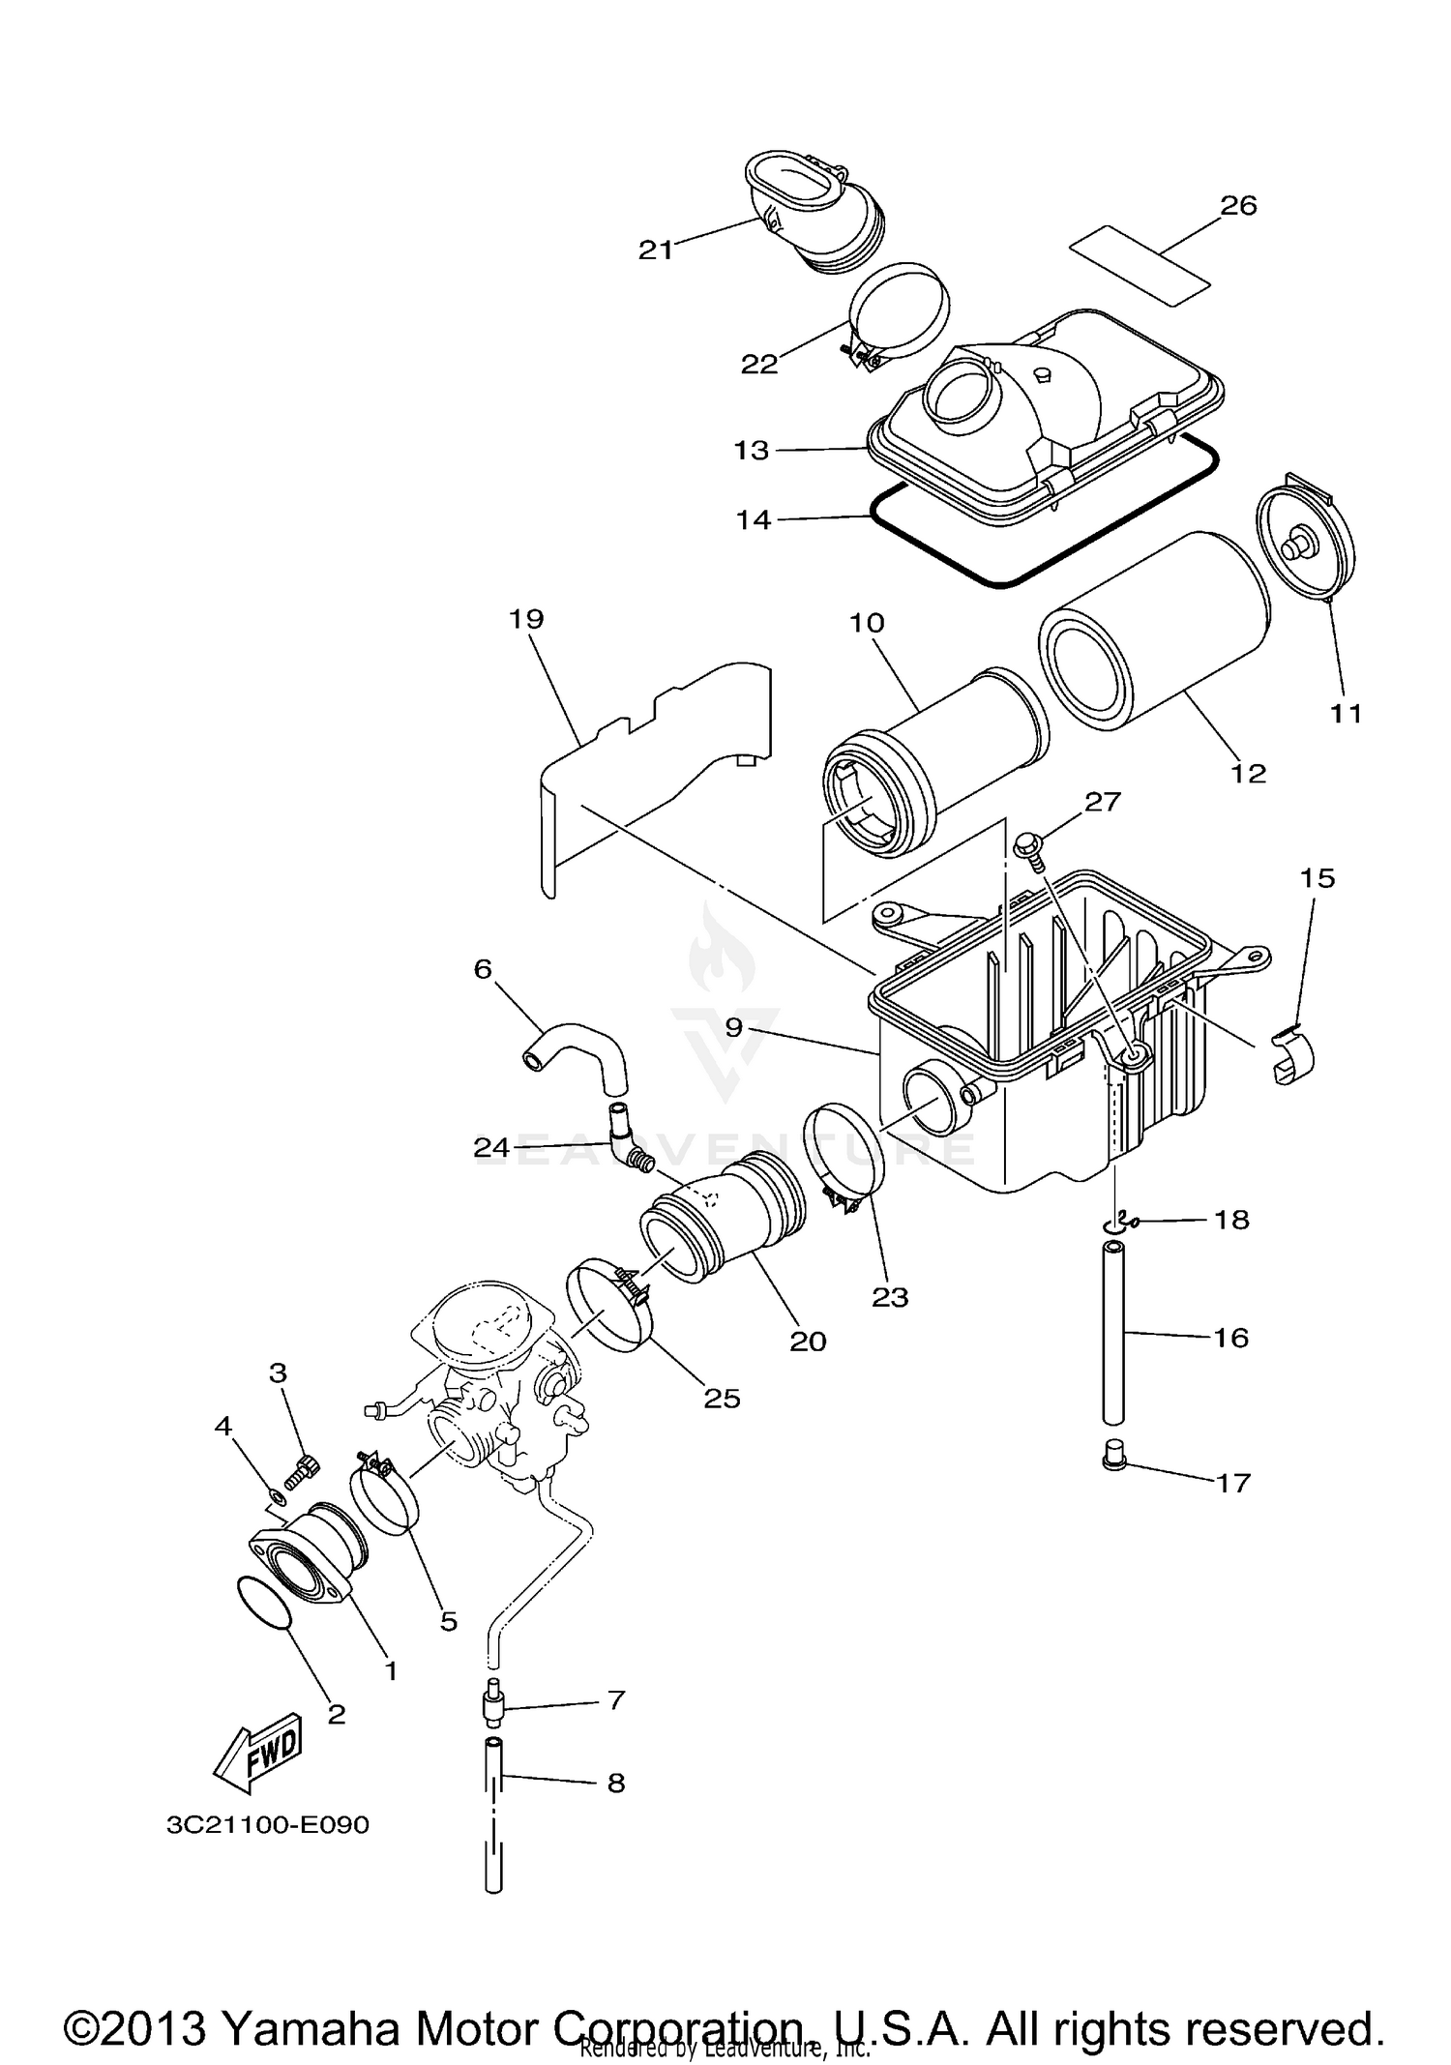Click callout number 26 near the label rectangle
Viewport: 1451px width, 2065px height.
[x=1238, y=205]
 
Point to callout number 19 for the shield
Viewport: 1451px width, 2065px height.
[x=527, y=619]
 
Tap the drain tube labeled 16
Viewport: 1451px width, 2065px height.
[x=1114, y=1335]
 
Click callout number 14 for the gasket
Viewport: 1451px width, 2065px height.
[x=754, y=520]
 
